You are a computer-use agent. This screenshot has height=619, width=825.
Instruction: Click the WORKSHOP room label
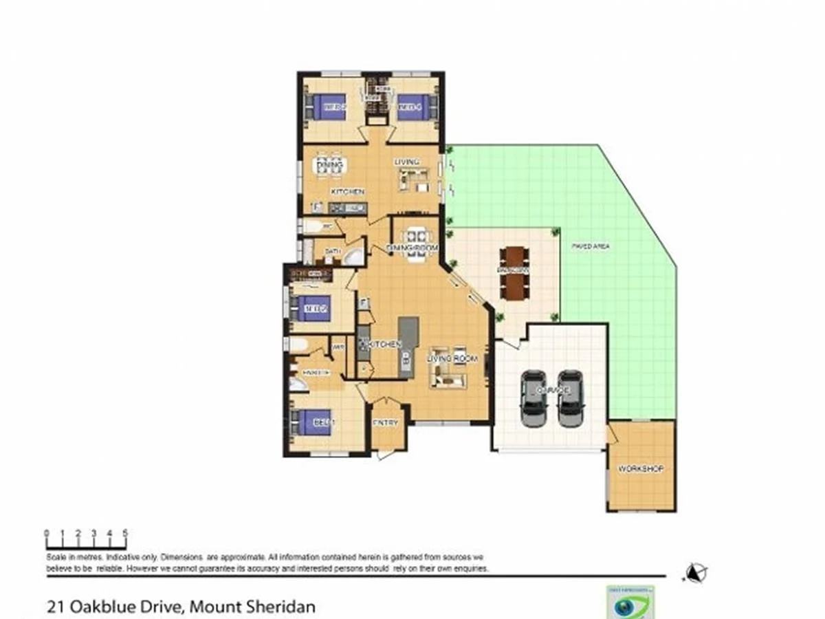point(640,469)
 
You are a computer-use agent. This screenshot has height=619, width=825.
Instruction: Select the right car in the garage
point(570,398)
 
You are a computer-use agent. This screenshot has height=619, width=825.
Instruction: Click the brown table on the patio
point(514,272)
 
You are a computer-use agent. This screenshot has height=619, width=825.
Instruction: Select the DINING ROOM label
point(412,248)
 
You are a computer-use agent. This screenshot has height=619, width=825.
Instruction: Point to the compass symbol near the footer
point(696,572)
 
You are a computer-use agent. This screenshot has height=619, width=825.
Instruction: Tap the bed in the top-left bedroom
point(326,107)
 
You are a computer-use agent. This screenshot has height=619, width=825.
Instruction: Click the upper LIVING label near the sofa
point(406,162)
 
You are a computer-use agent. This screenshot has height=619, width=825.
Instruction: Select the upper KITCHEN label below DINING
point(347,191)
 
